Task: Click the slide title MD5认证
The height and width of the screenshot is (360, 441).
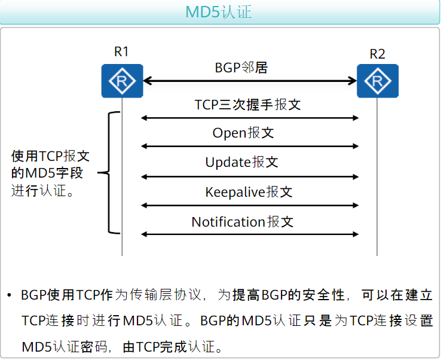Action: (220, 12)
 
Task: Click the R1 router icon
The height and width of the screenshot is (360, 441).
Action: (122, 81)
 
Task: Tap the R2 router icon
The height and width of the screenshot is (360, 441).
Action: (378, 81)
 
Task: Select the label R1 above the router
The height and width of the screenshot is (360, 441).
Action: (121, 52)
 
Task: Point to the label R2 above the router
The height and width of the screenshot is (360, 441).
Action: (377, 54)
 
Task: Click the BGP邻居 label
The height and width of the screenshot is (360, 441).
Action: (241, 68)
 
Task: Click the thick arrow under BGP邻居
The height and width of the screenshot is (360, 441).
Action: (250, 81)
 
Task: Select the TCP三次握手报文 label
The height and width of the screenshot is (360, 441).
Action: (247, 105)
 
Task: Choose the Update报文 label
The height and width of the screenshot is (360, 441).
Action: (242, 162)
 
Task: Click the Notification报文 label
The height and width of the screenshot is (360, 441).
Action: (243, 222)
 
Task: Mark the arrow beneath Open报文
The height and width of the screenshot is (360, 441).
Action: (250, 147)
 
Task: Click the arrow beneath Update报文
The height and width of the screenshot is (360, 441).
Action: (250, 176)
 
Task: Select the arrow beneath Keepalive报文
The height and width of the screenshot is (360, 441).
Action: (250, 206)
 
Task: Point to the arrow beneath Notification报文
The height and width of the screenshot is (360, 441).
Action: (250, 234)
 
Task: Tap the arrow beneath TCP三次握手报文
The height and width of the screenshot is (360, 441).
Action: (250, 118)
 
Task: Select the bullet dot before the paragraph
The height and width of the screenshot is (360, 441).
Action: (10, 296)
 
